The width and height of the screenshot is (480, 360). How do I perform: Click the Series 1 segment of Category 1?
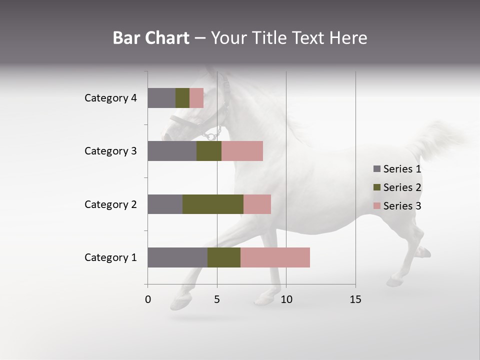177,257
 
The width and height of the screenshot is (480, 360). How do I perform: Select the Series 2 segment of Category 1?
224,257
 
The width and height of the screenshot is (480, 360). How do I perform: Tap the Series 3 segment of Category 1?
275,257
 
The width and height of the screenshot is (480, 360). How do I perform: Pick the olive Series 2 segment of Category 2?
213,204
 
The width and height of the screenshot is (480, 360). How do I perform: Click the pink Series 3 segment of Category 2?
257,204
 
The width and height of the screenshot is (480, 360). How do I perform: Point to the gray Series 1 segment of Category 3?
172,151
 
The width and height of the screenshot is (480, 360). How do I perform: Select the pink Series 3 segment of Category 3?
242,151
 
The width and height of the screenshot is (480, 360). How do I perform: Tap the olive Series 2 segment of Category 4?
182,98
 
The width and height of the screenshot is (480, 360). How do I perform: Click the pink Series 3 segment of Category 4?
196,98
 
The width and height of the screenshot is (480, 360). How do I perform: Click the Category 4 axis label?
110,98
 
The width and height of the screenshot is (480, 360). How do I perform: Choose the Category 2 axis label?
110,204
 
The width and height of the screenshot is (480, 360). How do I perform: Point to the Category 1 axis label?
110,257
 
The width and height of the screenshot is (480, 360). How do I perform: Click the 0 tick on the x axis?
148,300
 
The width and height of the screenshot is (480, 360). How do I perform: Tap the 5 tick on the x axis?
217,300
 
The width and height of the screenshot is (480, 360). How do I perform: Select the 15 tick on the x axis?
355,300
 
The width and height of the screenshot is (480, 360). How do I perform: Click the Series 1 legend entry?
397,169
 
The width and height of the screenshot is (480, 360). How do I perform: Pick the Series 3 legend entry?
397,206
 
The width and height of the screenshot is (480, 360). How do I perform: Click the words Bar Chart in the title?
151,38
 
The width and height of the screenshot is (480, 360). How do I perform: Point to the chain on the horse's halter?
212,134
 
